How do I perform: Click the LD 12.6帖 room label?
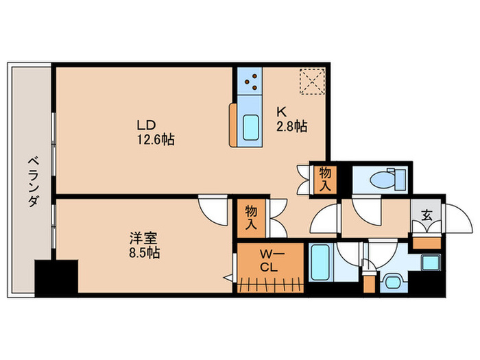(x=155, y=132)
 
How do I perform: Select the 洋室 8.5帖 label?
(x=145, y=246)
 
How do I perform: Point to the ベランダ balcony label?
(x=32, y=182)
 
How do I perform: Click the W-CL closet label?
(x=268, y=261)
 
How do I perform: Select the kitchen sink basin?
(x=251, y=127)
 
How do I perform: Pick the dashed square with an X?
(x=312, y=81)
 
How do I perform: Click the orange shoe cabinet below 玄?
(x=425, y=241)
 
